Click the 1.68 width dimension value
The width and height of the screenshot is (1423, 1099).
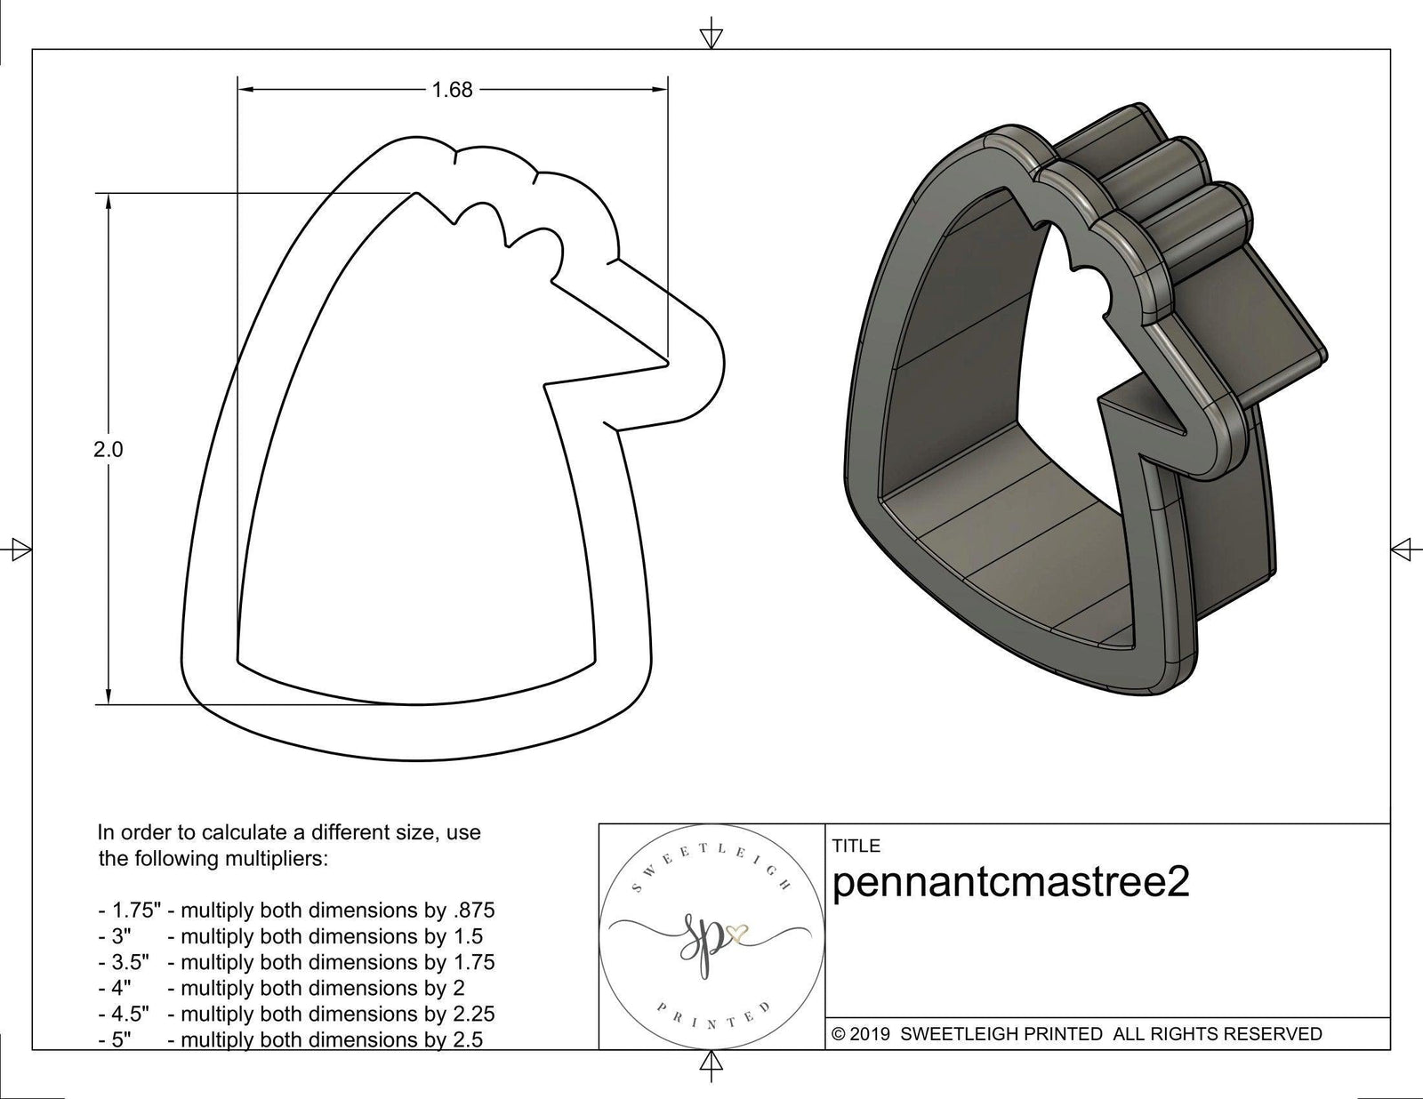(x=452, y=90)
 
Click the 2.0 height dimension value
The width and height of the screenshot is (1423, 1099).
(x=109, y=450)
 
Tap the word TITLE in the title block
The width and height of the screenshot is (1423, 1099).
(x=856, y=846)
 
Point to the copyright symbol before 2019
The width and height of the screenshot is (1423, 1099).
(x=838, y=1034)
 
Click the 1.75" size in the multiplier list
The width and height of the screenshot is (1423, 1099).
(x=130, y=910)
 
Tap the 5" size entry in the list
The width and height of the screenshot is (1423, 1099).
(x=121, y=1039)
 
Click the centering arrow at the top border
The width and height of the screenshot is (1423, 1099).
(x=711, y=36)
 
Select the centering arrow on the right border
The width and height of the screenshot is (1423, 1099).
(x=1403, y=549)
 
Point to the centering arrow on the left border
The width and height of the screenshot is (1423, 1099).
(x=19, y=549)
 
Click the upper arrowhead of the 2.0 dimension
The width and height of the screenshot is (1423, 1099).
(x=109, y=204)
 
